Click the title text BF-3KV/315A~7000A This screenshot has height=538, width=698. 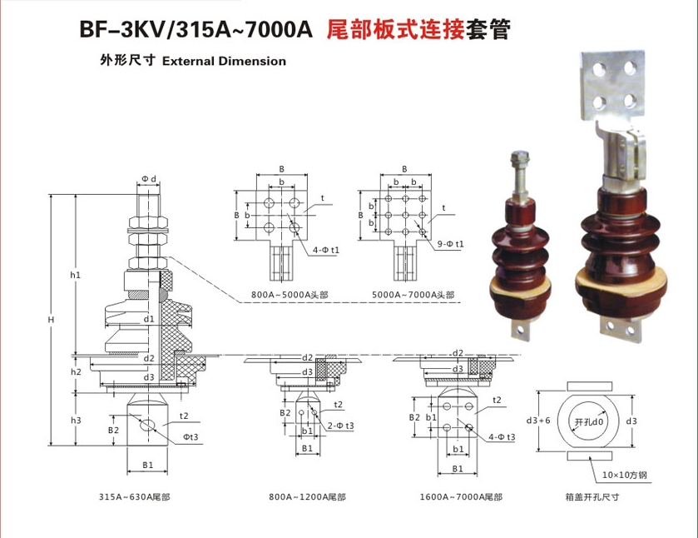196,31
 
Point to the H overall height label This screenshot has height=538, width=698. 51,320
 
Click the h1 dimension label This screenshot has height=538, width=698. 75,274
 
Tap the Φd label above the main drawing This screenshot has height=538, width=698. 149,179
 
